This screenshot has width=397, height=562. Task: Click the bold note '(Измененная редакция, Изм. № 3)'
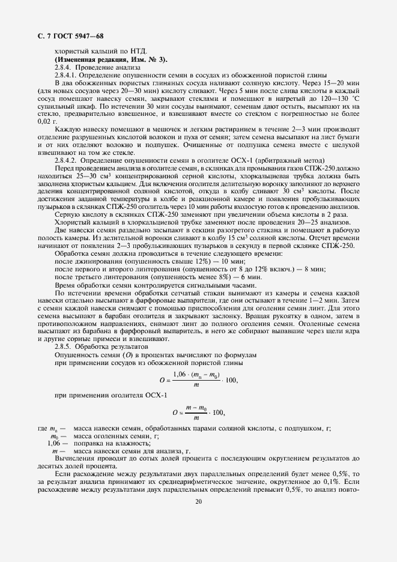[x=111, y=60]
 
